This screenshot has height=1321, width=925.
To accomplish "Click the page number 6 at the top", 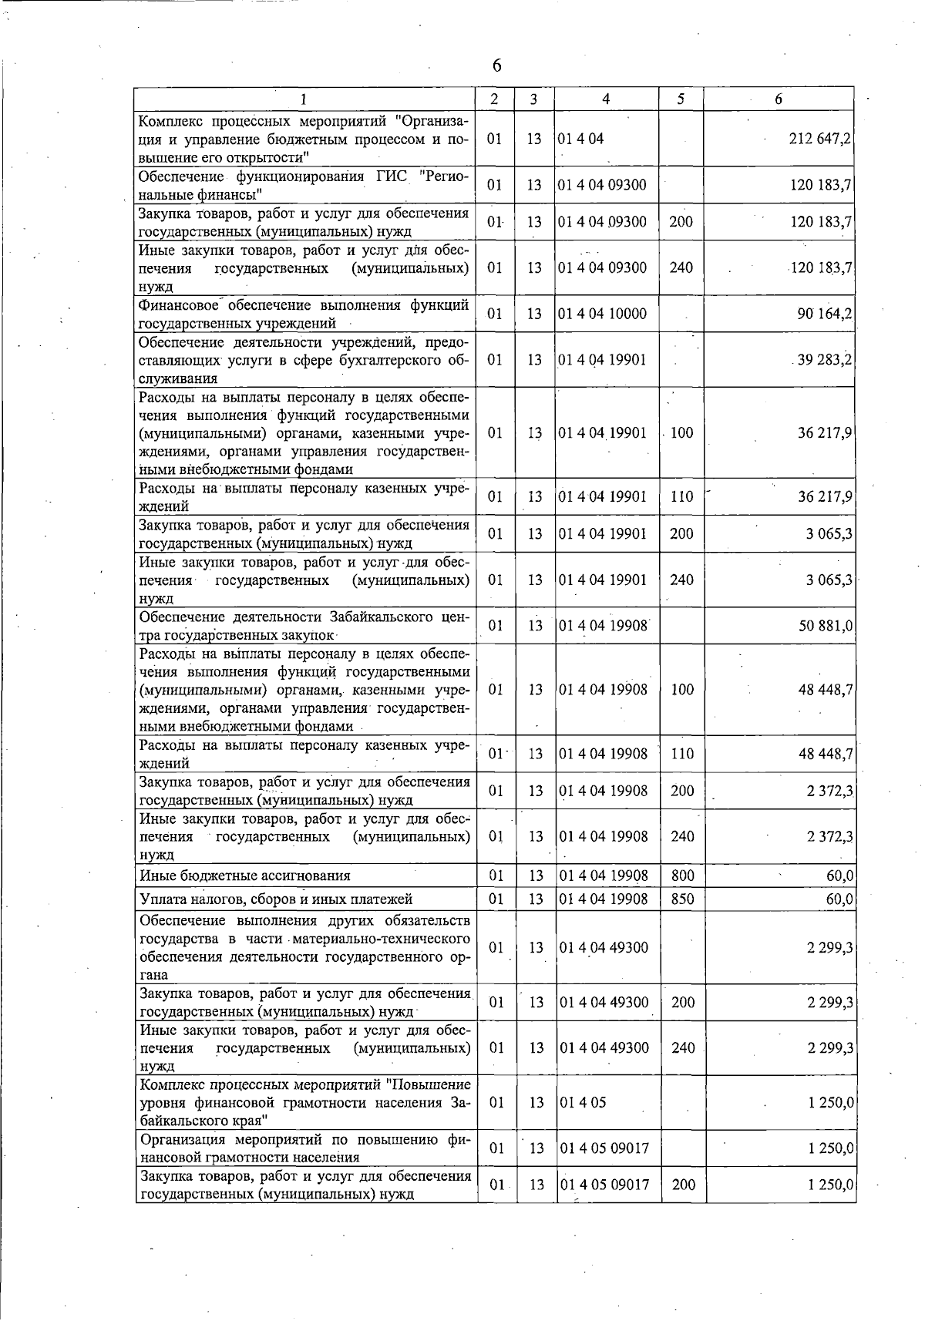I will click(496, 66).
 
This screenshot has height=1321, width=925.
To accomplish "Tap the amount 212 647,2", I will click(820, 139).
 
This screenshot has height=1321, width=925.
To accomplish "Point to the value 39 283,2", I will click(824, 360).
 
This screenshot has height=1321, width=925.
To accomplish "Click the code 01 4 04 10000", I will click(602, 314).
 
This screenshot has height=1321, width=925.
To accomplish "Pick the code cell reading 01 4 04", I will click(581, 139).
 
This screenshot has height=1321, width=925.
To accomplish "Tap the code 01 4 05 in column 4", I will click(583, 1103).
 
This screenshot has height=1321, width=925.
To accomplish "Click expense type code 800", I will click(682, 876).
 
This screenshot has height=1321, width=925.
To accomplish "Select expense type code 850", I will click(682, 899).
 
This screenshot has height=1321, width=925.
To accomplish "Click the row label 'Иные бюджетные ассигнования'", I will click(244, 876).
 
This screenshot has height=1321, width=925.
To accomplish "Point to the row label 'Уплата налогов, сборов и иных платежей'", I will click(276, 899).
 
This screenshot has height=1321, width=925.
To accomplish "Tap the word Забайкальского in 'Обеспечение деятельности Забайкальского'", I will click(373, 617).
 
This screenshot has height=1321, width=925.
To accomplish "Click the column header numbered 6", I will click(779, 99).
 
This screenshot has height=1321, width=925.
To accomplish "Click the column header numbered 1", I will click(304, 99).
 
